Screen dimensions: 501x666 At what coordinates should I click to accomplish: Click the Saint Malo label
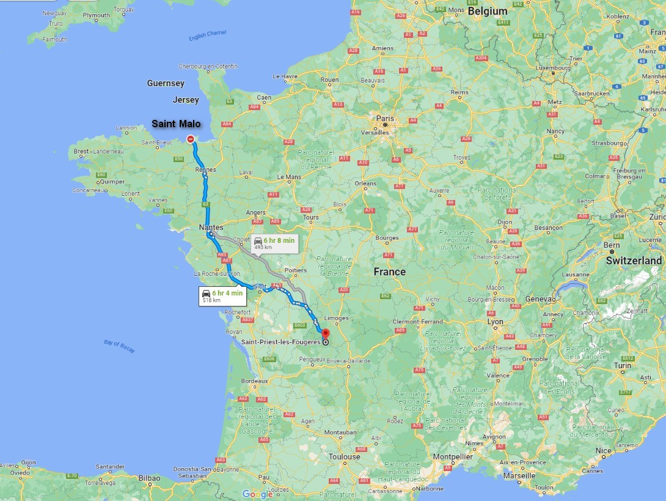click(x=176, y=124)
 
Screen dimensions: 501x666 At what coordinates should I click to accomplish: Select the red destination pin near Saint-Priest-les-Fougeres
click(x=325, y=334)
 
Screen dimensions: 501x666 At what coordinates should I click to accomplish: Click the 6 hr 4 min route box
click(x=223, y=296)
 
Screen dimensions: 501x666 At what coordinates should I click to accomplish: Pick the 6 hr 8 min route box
click(x=274, y=243)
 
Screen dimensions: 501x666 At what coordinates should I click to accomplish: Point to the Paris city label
click(x=386, y=119)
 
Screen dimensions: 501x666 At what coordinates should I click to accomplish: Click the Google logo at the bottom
click(x=257, y=494)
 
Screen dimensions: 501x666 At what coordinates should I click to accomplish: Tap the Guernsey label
click(x=166, y=83)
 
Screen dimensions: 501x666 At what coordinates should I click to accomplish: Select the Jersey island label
click(x=186, y=100)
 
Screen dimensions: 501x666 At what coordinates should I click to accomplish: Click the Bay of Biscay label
click(x=119, y=346)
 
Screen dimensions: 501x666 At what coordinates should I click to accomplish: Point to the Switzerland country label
click(x=634, y=261)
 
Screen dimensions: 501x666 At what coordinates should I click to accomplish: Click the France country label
click(x=389, y=272)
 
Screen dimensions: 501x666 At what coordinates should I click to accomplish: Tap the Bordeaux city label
click(x=254, y=380)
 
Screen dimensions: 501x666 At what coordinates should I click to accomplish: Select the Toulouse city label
click(x=344, y=456)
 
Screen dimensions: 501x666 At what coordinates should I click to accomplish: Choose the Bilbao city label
click(x=149, y=478)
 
